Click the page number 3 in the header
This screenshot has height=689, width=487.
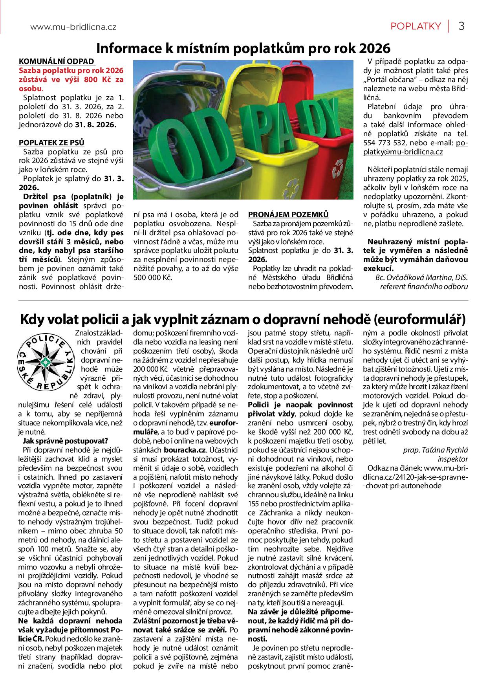pyautogui.click(x=461, y=26)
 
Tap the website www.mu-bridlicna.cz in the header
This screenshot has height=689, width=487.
pyautogui.click(x=73, y=27)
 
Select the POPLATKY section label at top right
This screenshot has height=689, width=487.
pyautogui.click(x=416, y=26)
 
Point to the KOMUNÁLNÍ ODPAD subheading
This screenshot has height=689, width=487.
pyautogui.click(x=57, y=61)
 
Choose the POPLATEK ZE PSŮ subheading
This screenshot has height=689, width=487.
pyautogui.click(x=51, y=143)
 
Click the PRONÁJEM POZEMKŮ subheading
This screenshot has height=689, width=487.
pyautogui.click(x=288, y=214)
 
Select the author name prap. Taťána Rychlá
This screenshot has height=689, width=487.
pyautogui.click(x=436, y=450)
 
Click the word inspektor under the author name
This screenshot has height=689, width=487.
pyautogui.click(x=453, y=459)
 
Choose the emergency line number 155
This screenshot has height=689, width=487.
pyautogui.click(x=254, y=504)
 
